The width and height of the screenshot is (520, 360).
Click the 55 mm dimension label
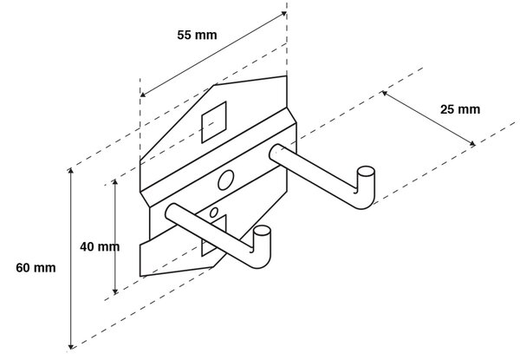pyautogui.click(x=197, y=35)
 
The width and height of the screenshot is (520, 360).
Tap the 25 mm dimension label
pyautogui.click(x=460, y=109)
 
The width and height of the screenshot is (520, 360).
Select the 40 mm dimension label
pyautogui.click(x=100, y=247)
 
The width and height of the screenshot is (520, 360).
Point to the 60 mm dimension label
pyautogui.click(x=36, y=268)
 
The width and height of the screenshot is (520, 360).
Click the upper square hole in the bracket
pyautogui.click(x=214, y=122)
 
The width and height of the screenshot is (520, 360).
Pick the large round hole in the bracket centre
pyautogui.click(x=225, y=180)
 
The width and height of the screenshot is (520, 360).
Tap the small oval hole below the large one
pyautogui.click(x=214, y=213)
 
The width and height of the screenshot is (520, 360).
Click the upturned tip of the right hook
pyautogui.click(x=366, y=172)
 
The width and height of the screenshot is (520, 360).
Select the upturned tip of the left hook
pyautogui.click(x=262, y=231)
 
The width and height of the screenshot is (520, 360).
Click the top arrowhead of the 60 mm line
pyautogui.click(x=70, y=170)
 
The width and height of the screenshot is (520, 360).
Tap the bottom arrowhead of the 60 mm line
pyautogui.click(x=70, y=346)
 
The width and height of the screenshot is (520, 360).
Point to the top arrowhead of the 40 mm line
pyautogui.click(x=115, y=181)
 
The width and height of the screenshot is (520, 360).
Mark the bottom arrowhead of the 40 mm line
pyautogui.click(x=115, y=292)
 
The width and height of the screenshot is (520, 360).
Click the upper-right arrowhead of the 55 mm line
pyautogui.click(x=284, y=13)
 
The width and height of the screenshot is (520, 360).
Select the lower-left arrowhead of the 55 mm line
pyautogui.click(x=142, y=95)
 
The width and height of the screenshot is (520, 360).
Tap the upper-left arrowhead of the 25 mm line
pyautogui.click(x=384, y=93)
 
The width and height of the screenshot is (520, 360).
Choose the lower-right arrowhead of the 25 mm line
pyautogui.click(x=472, y=144)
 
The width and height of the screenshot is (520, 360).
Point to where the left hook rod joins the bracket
pyautogui.click(x=172, y=212)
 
